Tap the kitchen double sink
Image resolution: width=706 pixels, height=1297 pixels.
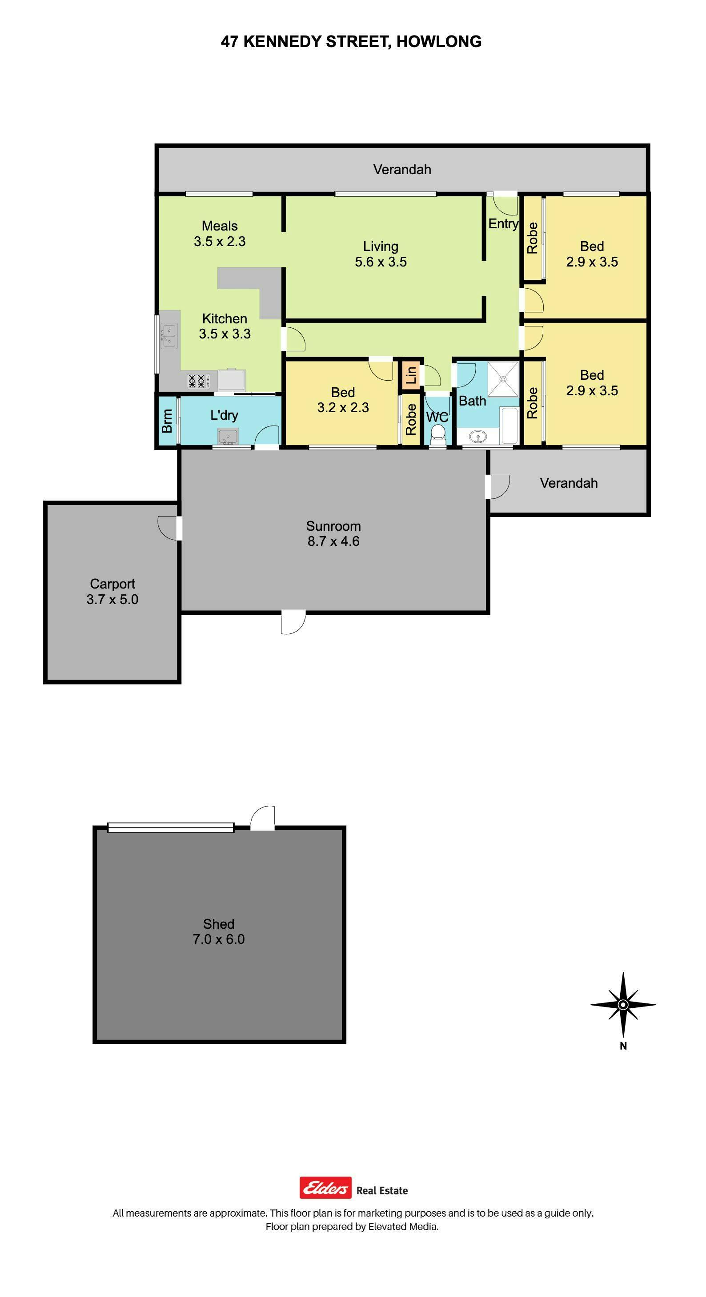[x=169, y=336]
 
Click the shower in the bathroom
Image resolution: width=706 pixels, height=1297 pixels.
[x=503, y=378]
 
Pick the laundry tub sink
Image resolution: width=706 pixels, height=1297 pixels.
[x=228, y=436]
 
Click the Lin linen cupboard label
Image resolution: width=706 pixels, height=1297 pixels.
[x=411, y=374]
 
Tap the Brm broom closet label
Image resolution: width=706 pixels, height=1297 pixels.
[x=167, y=421]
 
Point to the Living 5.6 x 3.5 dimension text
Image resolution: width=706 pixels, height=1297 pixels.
[x=381, y=262]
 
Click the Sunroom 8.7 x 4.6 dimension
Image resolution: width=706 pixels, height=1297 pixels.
[x=333, y=541]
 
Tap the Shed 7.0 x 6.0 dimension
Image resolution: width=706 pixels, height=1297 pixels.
[x=219, y=939]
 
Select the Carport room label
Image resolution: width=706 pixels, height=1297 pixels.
[x=112, y=584]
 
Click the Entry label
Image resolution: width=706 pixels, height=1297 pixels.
[x=503, y=224]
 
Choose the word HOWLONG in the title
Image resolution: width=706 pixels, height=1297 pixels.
[x=439, y=42]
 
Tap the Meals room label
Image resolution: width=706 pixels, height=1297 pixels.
[x=220, y=226]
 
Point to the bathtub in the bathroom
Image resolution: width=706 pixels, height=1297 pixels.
[x=510, y=426]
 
